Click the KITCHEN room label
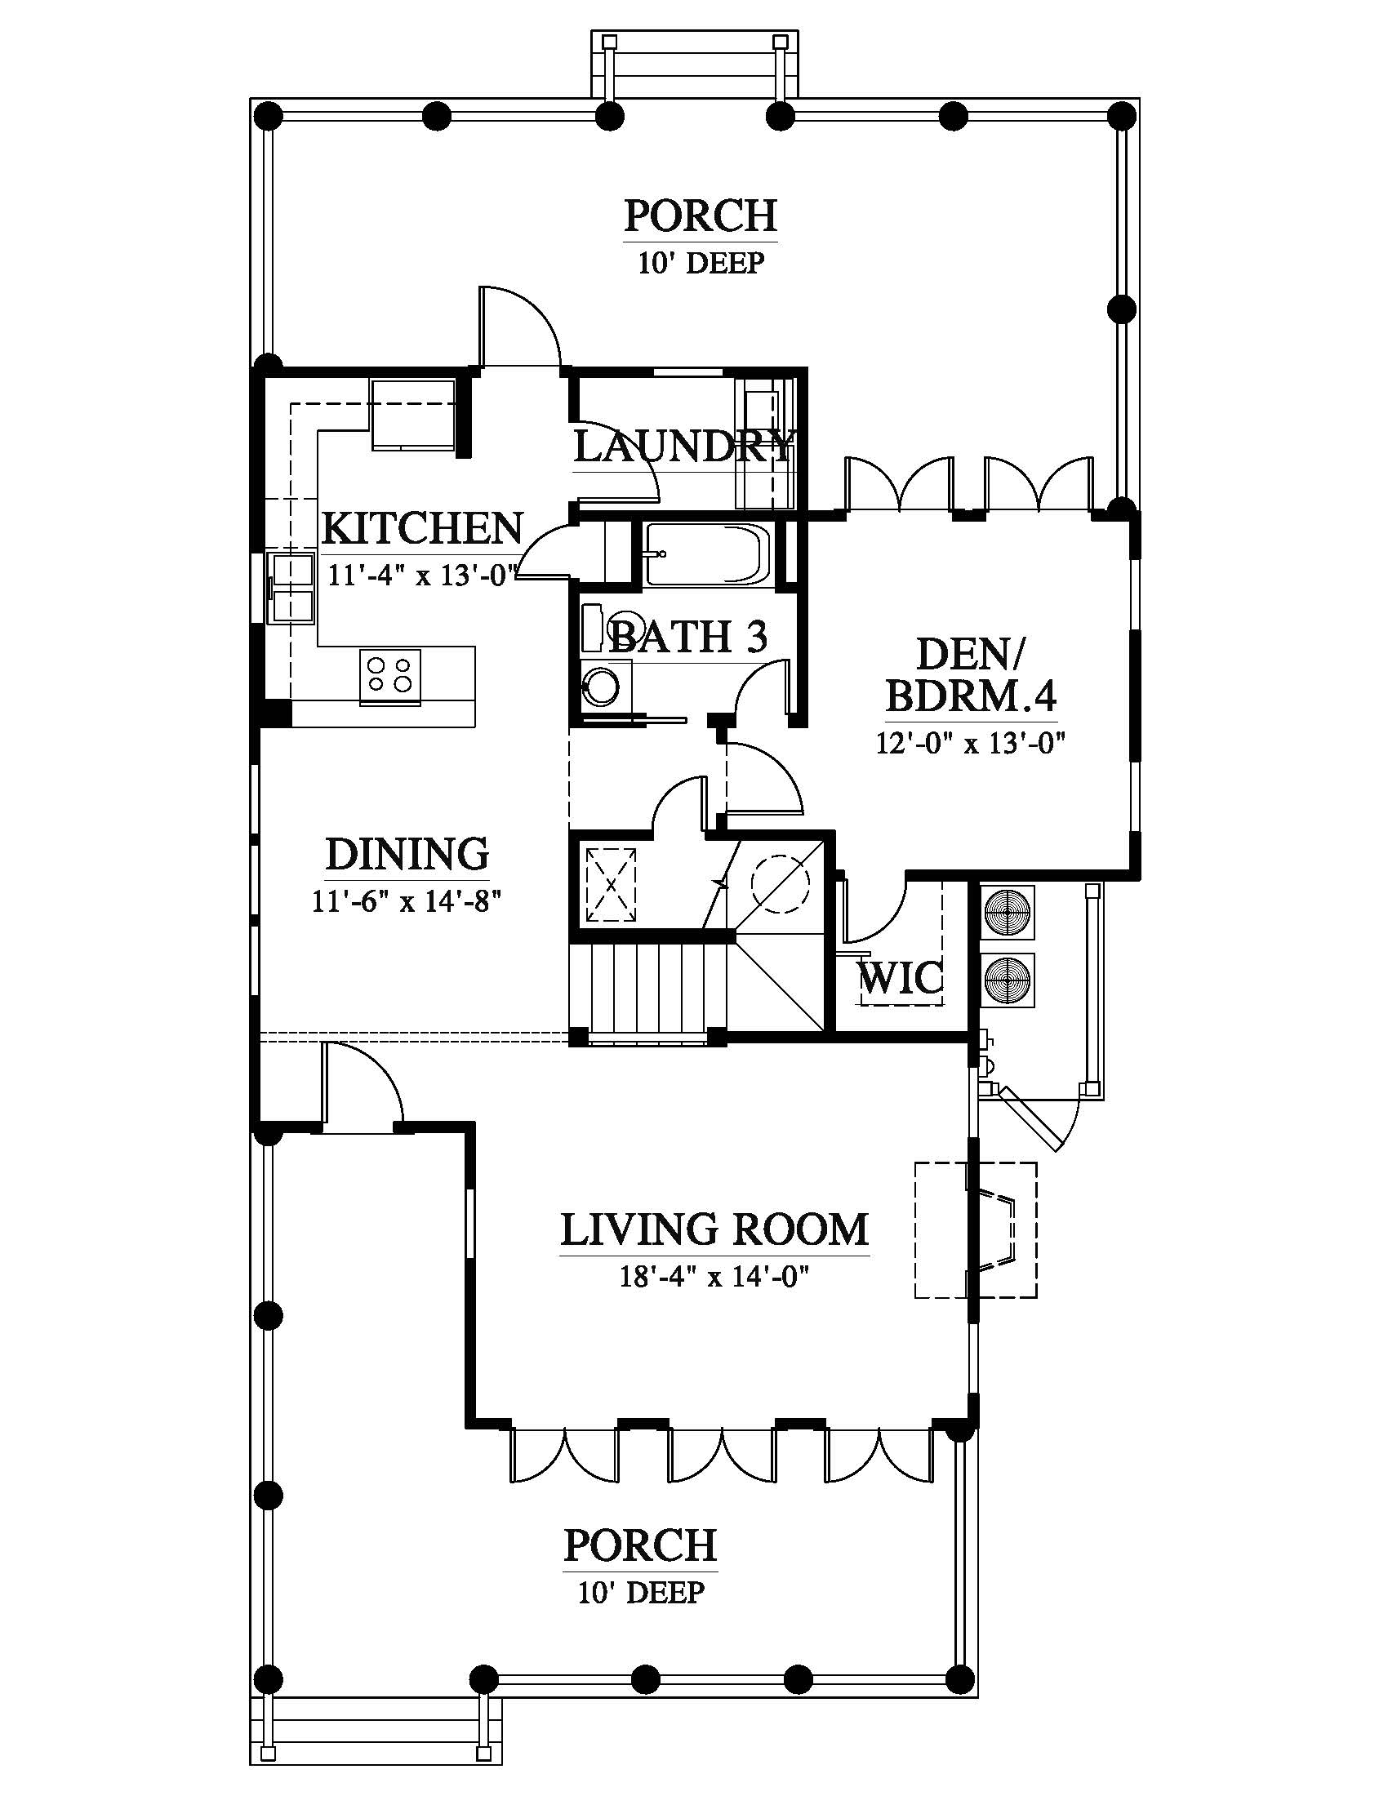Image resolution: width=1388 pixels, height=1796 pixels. pos(423,528)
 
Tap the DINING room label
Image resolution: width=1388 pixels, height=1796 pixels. pos(408,855)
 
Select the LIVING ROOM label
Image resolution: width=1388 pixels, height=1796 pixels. pos(714,1230)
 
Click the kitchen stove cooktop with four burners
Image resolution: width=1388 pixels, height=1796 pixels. pos(389,674)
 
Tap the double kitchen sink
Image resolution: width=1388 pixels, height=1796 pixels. pos(292,587)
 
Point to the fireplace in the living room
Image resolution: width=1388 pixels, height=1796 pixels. pos(976,1230)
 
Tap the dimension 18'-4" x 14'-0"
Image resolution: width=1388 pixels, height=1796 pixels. pos(714,1277)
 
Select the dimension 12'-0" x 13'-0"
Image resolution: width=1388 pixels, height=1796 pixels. pos(970,744)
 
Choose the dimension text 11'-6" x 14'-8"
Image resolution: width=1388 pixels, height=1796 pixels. pos(407,902)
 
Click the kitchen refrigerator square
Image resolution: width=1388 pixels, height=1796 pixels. pos(414,415)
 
